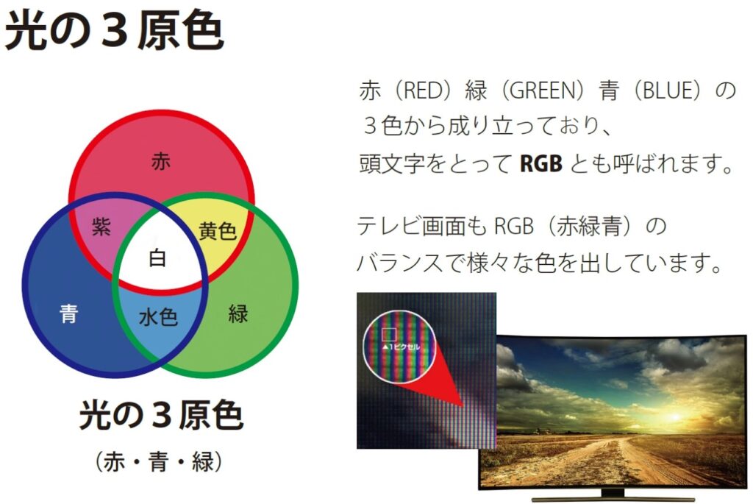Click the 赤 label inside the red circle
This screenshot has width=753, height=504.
161,161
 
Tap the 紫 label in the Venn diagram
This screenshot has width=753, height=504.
101,227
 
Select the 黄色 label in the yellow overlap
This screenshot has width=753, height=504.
218,231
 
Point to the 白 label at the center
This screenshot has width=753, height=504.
157,258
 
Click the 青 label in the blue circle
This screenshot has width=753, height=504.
68,313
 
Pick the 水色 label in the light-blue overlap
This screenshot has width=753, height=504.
158,317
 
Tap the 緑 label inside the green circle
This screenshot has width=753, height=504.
238,313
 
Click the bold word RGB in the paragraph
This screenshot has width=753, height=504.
540,164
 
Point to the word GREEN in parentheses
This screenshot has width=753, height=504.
542,90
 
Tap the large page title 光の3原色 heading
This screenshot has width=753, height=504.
114,30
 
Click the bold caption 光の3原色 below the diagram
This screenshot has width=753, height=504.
161,415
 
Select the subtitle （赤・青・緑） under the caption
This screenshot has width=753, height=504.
159,462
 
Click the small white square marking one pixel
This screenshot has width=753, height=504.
388,334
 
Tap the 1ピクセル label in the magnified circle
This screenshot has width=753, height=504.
401,347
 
